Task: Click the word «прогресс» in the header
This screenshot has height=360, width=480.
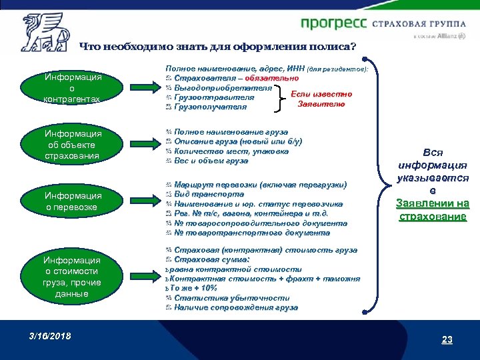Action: coord(333,24)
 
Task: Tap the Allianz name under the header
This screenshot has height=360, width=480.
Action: coord(445,37)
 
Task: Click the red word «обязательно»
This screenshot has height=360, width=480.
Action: coord(271,79)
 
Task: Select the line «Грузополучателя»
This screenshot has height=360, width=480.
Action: coord(210,107)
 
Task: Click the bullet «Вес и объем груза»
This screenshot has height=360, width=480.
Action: coord(211,161)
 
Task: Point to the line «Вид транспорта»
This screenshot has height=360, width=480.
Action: coord(206,193)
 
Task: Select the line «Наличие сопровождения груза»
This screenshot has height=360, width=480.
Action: coord(236,308)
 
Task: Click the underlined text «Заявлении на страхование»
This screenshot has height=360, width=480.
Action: coord(432,210)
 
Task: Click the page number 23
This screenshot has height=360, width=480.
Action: coord(447,340)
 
